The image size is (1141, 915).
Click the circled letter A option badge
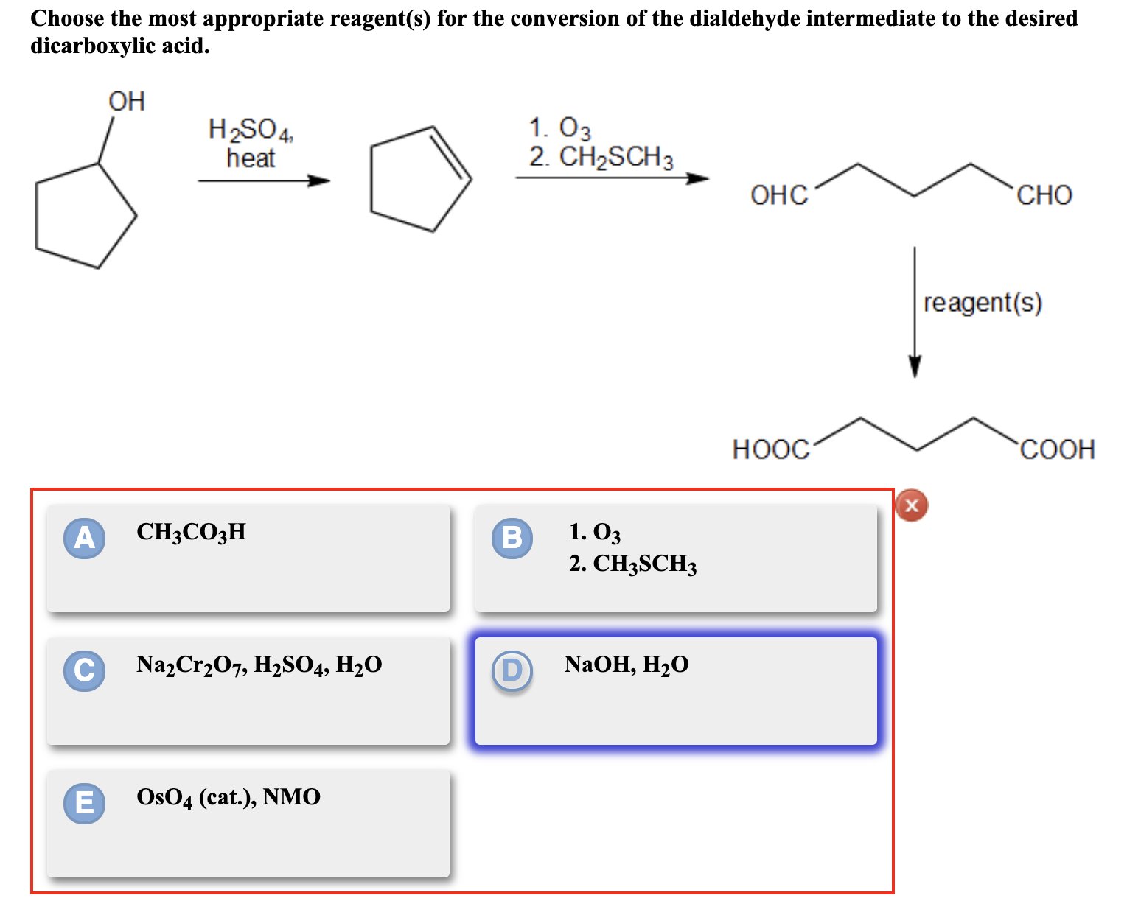point(84,538)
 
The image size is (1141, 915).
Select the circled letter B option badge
point(512,538)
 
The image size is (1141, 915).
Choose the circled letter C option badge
point(84,670)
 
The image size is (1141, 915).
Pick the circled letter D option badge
point(512,670)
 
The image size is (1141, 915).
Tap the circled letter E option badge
point(84,802)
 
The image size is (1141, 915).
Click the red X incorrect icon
point(912,505)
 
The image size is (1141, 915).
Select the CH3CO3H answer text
point(191,532)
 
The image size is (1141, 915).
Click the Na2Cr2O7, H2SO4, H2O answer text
point(259,665)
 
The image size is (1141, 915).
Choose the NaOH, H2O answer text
point(627,665)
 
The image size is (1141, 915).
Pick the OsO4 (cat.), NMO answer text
point(228,797)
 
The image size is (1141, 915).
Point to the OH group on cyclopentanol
point(127,101)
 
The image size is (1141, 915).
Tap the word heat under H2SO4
point(251,158)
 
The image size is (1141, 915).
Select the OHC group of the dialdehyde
point(779,195)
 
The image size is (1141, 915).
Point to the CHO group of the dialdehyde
point(1044,195)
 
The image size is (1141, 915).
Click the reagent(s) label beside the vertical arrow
point(983,303)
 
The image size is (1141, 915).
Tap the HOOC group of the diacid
point(770,449)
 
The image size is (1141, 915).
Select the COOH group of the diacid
point(1057,449)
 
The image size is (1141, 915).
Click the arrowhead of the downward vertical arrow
point(915,366)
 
